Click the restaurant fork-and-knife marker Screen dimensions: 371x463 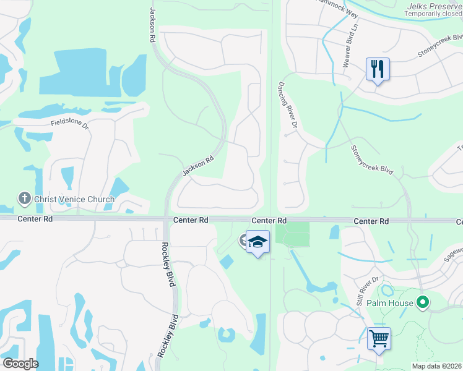[x=378, y=69]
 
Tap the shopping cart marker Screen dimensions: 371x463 [x=379, y=338]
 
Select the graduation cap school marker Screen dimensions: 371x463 [x=257, y=242]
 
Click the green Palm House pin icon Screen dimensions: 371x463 [x=423, y=303]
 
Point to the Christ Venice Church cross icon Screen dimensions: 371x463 [x=24, y=199]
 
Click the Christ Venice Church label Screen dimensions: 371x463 [x=74, y=199]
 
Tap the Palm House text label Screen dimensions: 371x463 [x=389, y=303]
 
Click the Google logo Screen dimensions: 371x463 [x=20, y=364]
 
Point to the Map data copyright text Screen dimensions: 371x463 [x=436, y=366]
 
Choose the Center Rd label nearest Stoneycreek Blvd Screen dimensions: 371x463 [x=371, y=221]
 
